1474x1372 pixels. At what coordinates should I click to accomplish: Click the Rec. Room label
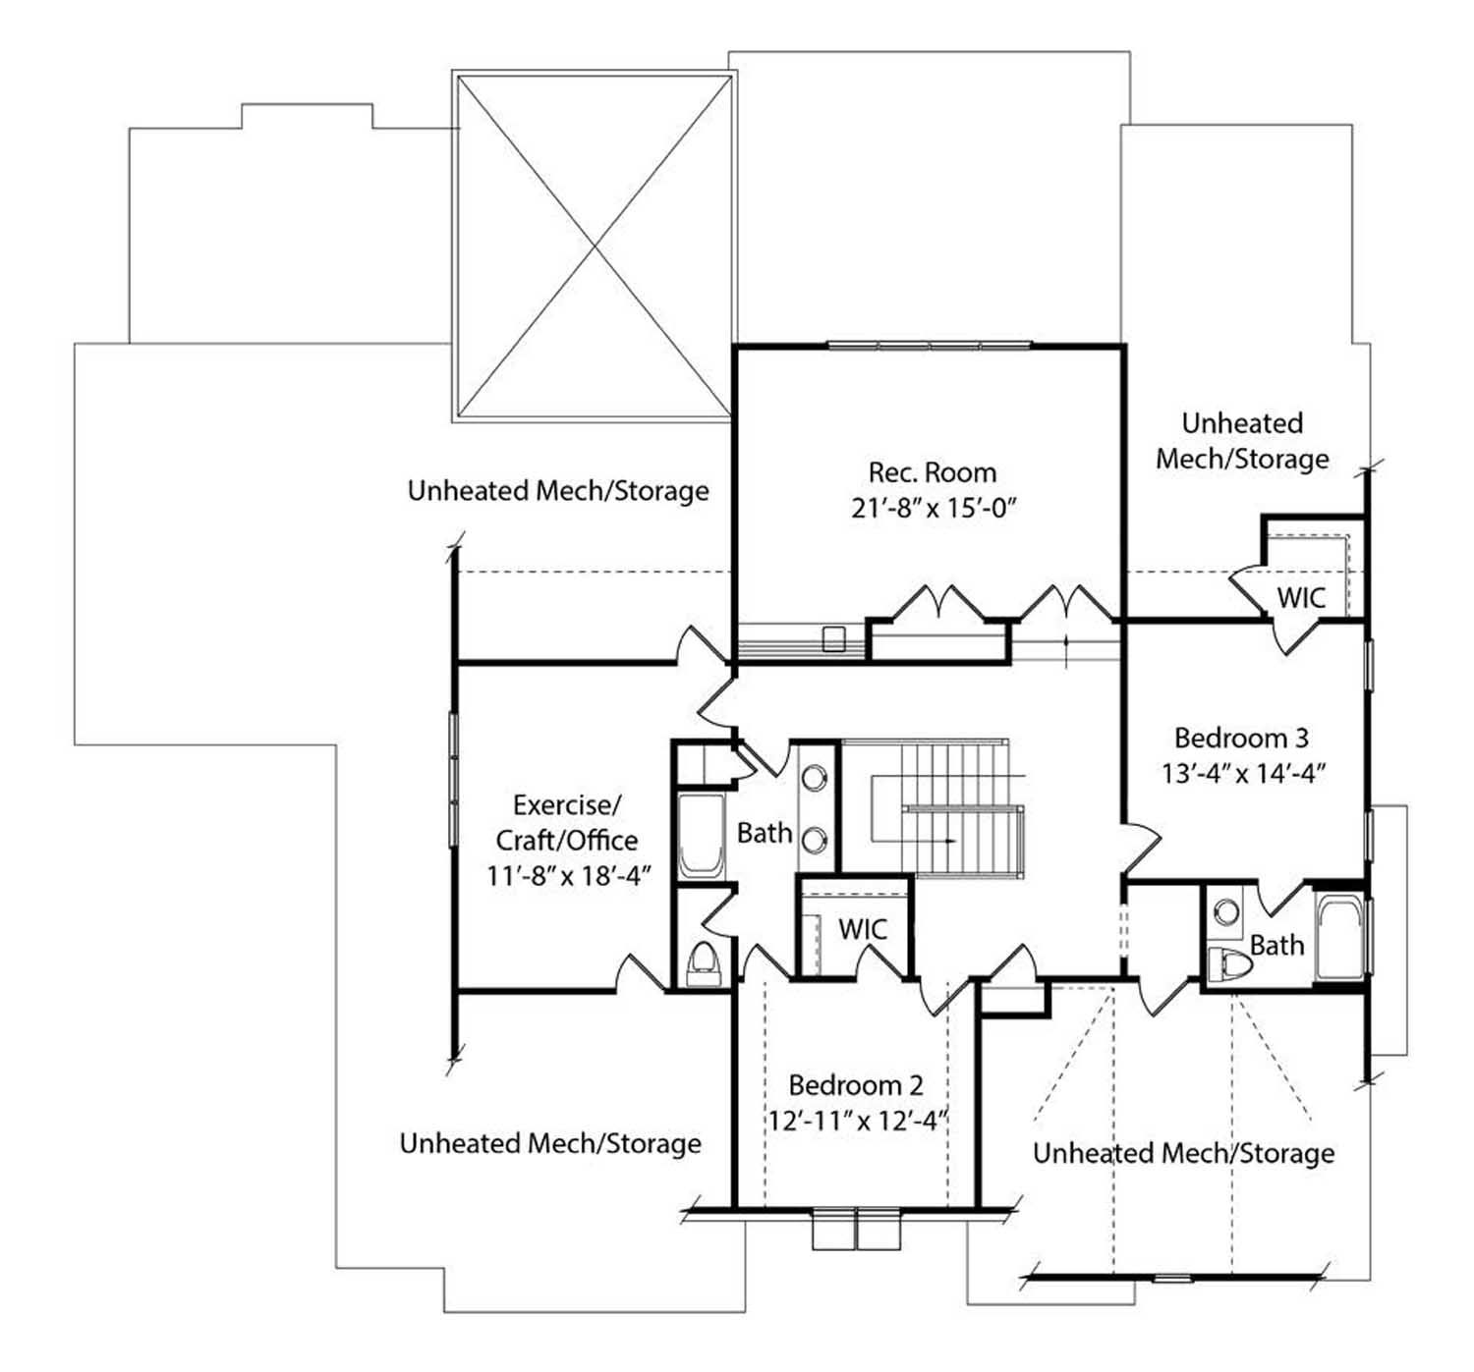point(933,472)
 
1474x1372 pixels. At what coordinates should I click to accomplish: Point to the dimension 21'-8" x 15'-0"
point(933,509)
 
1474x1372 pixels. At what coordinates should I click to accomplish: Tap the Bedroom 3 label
point(1242,738)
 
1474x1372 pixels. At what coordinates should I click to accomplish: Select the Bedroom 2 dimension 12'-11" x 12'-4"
point(858,1120)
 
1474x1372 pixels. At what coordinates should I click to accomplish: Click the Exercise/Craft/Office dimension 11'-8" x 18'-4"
point(569,876)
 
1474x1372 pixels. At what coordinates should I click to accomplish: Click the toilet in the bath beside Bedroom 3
point(1229,964)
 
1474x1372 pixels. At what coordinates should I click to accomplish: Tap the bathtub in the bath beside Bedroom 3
point(1340,939)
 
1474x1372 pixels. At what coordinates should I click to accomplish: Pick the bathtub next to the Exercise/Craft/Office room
point(702,836)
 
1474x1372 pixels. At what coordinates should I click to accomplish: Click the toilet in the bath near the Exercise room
point(703,962)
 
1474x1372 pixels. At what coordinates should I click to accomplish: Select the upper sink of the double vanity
point(815,777)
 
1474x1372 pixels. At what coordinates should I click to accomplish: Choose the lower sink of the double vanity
point(815,839)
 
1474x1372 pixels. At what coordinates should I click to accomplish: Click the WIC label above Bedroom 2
point(863,928)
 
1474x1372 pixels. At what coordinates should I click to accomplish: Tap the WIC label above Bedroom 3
point(1301,597)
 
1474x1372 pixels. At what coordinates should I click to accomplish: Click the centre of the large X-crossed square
point(594,246)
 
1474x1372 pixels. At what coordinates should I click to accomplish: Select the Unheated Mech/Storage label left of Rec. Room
point(558,490)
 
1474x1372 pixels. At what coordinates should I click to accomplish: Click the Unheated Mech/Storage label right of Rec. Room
point(1242,441)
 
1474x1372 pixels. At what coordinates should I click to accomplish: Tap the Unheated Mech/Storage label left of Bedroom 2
point(550,1143)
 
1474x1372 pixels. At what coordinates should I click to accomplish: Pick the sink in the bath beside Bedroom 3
point(1225,909)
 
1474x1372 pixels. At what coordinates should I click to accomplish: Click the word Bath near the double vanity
point(765,833)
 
